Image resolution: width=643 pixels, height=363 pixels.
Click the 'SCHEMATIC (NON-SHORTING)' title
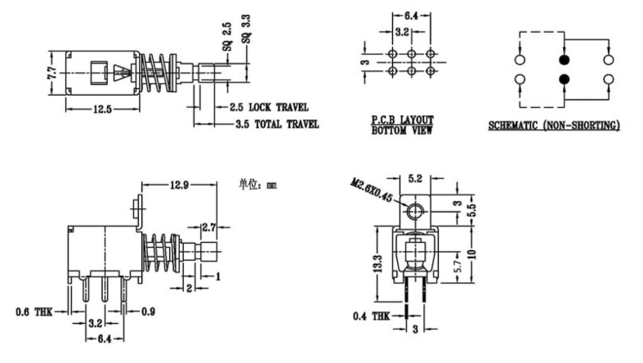[554, 125]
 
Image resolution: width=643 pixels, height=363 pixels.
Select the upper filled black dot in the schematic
[562, 60]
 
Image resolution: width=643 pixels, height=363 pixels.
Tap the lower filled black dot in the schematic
[562, 79]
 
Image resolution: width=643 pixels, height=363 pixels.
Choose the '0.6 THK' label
[33, 311]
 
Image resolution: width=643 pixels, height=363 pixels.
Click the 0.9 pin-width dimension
[146, 311]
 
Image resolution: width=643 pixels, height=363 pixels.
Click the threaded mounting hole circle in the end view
[415, 213]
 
